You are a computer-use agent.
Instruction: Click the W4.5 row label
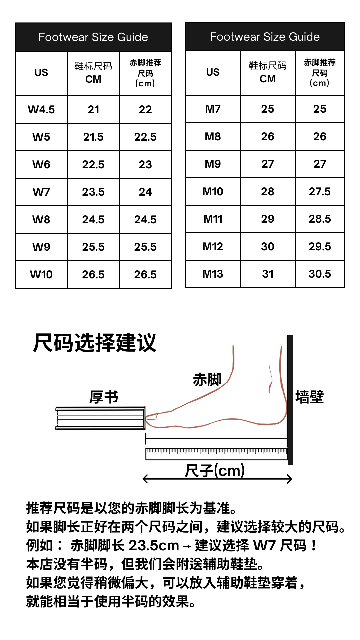(41, 110)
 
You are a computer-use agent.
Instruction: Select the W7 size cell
(41, 192)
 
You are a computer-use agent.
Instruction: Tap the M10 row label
(213, 192)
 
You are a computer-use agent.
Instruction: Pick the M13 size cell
(213, 274)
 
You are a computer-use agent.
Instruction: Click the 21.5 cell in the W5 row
(93, 137)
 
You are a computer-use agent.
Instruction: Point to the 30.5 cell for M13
(320, 274)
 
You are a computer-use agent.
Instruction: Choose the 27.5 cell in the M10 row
(320, 192)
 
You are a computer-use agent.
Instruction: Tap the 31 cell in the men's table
(268, 274)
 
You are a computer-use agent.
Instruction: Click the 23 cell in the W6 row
(145, 165)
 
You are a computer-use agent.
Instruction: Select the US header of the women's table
(41, 73)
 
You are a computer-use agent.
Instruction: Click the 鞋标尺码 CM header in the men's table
(268, 72)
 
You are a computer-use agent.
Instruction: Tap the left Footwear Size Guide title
(93, 37)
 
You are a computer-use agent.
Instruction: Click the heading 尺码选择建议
(95, 343)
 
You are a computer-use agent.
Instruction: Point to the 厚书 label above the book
(104, 397)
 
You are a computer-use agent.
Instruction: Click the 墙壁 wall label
(309, 397)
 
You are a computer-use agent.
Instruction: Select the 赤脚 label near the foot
(207, 380)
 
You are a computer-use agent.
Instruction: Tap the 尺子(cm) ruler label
(215, 471)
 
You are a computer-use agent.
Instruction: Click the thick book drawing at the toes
(100, 418)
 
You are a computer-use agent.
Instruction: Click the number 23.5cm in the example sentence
(154, 546)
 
